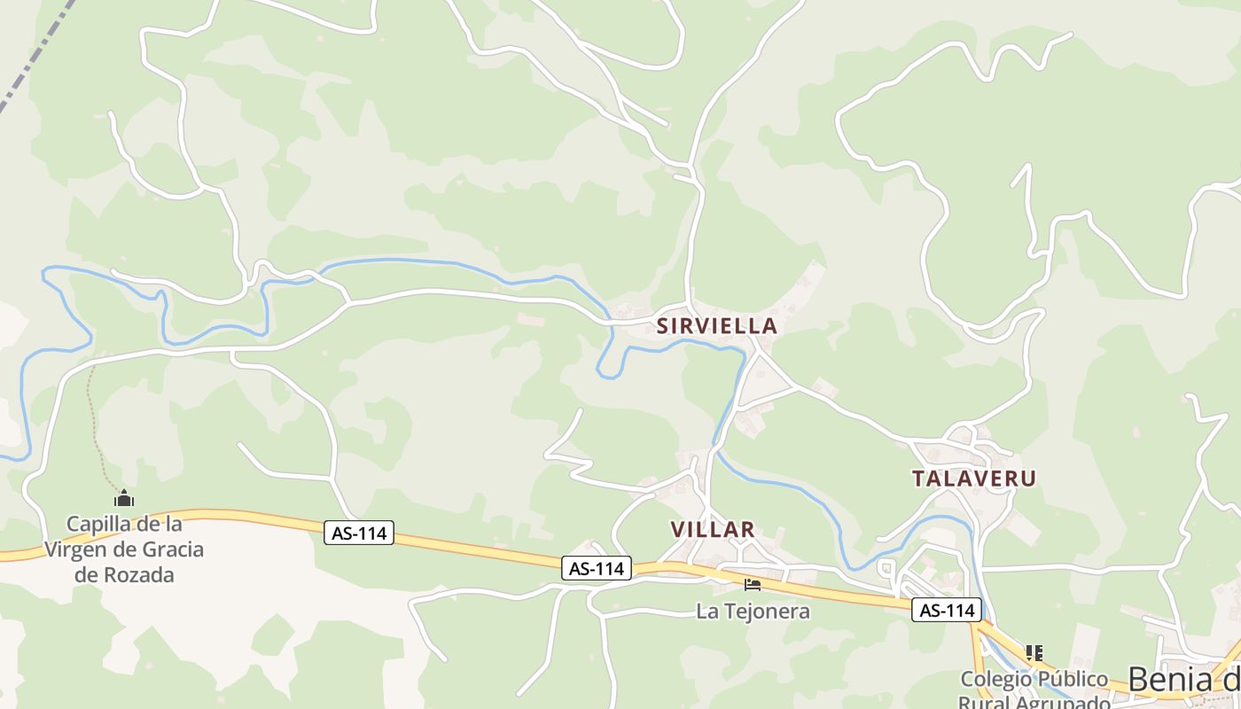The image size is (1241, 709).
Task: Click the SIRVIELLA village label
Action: (x=716, y=326)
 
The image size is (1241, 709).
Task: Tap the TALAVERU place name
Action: (x=974, y=479)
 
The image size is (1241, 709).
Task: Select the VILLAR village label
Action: (x=712, y=530)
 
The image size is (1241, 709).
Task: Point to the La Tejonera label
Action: (x=753, y=611)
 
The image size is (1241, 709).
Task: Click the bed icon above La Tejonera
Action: (x=753, y=585)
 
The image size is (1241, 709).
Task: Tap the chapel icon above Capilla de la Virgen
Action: (x=124, y=499)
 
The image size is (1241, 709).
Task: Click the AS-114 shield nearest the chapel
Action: (x=359, y=534)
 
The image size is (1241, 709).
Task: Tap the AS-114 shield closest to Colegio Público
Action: (x=948, y=610)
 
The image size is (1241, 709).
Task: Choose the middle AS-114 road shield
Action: (x=597, y=569)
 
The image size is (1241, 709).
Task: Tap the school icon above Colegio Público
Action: (x=1034, y=653)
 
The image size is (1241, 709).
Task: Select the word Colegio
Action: (x=996, y=680)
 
